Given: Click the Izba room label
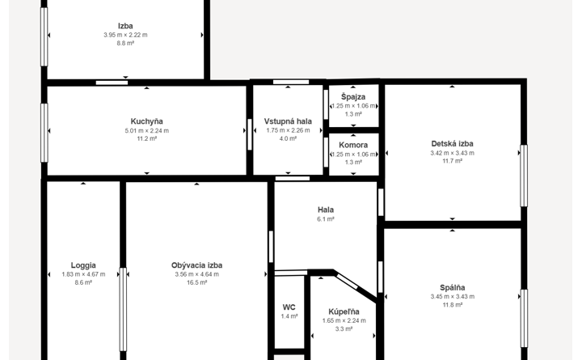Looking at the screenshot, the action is (125, 26).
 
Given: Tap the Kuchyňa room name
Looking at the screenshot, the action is (146, 121).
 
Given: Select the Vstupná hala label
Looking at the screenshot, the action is (288, 121).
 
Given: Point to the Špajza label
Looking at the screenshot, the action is (353, 97).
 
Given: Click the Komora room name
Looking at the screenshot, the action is (353, 146).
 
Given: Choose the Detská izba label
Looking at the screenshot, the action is (452, 144).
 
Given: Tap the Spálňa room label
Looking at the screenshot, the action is (453, 287).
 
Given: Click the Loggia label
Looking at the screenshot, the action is (83, 265).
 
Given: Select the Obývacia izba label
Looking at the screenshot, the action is (196, 265).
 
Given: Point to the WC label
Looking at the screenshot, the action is (289, 307).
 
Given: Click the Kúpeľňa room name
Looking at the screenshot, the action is (344, 311).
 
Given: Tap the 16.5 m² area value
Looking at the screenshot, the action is (196, 282).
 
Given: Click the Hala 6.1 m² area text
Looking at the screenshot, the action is (326, 219).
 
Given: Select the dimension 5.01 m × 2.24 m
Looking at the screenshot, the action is (146, 131).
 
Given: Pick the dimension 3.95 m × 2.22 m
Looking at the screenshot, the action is (125, 35).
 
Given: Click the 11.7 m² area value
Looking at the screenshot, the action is (452, 161).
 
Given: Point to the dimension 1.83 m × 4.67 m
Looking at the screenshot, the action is (83, 274).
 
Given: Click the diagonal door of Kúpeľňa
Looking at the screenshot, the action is (348, 282).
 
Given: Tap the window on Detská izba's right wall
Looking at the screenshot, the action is (524, 176).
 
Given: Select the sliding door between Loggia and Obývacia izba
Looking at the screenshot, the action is (123, 310).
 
